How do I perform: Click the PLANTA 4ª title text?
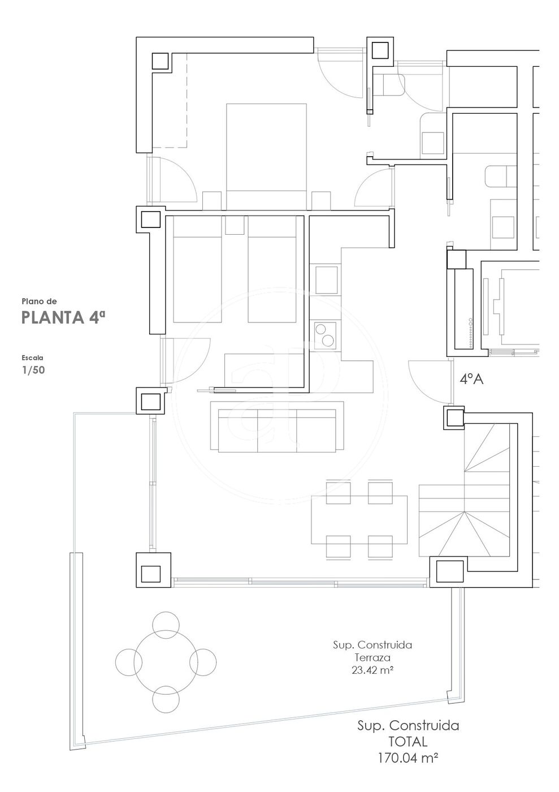coord(64,318)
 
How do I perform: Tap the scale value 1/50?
coord(33,370)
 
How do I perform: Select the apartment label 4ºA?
coord(471,379)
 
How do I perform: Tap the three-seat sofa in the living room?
coord(277,427)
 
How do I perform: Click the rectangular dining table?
coord(359,520)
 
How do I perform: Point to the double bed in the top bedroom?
coord(266,157)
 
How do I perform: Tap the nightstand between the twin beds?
coord(235,225)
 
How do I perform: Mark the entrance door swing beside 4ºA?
coord(430,382)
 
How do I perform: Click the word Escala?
coord(33,358)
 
